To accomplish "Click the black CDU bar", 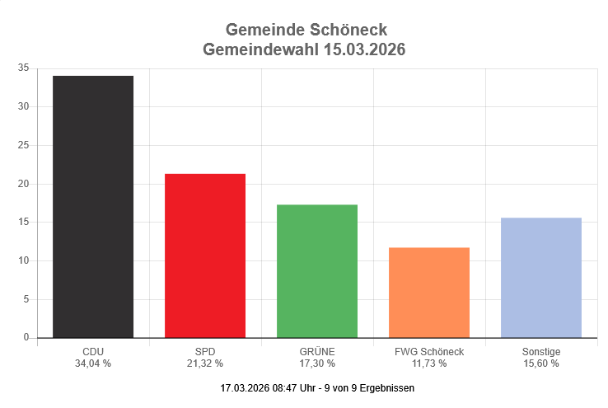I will [x=93, y=207].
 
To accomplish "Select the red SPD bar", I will [x=205, y=256].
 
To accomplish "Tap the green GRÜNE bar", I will [x=317, y=271].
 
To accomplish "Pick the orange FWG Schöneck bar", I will [x=429, y=293].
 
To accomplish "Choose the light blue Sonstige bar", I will [x=541, y=278].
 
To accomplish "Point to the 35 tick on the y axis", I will [x=23, y=68].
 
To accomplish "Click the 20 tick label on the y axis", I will [x=23, y=184].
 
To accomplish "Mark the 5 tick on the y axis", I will [x=26, y=299].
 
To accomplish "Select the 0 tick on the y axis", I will [x=26, y=338].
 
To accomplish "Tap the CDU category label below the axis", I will [x=93, y=352].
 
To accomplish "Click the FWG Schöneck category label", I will [x=429, y=352].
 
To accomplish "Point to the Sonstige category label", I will [x=541, y=352].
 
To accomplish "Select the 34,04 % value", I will [x=93, y=363].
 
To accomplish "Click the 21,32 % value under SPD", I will [x=205, y=363].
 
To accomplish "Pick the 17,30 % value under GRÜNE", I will [x=317, y=363].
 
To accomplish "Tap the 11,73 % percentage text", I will [x=429, y=363].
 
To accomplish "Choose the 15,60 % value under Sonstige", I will [x=541, y=363].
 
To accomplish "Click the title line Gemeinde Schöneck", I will [x=304, y=31].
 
